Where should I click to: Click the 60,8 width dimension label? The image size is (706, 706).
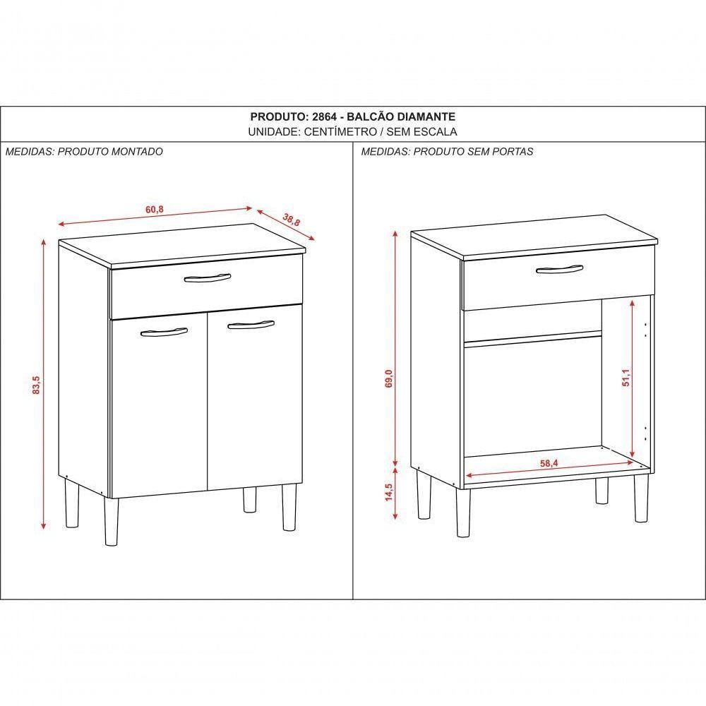155,210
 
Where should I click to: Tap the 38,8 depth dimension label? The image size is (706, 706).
292,220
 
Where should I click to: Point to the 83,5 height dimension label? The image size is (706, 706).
37,385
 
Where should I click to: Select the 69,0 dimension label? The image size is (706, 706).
389,378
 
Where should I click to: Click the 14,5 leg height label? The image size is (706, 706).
389,492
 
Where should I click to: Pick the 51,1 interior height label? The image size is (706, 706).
626,377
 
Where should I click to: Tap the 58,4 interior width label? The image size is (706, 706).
549,463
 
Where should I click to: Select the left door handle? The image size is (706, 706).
164,332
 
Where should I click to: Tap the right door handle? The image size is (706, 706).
251,324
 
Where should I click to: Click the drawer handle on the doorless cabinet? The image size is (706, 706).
559,269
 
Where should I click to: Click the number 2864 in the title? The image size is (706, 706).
324,116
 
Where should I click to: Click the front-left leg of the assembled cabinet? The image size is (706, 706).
111,522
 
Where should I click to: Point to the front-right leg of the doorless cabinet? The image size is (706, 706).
641,498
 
